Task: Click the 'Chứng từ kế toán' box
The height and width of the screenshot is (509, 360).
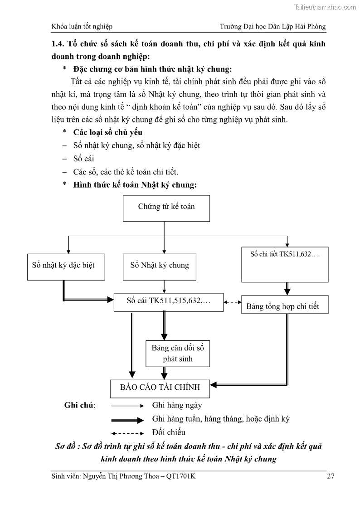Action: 166,208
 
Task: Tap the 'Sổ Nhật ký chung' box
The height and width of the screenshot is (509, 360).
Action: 160,267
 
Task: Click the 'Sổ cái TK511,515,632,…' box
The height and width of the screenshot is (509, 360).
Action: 169,302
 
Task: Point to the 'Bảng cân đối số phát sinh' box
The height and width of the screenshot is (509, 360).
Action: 178,354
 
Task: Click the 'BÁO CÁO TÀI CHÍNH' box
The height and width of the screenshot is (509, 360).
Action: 160,388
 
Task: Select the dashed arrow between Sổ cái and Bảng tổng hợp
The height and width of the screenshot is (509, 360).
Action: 233,302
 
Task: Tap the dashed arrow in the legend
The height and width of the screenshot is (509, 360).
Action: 127,433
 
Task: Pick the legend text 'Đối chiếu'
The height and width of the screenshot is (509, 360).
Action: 169,432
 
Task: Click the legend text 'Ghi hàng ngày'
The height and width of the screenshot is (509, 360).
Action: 177,406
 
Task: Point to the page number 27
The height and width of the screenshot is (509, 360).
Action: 331,476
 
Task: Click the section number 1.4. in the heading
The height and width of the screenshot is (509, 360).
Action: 58,44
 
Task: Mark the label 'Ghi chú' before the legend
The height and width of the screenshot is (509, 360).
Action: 79,406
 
